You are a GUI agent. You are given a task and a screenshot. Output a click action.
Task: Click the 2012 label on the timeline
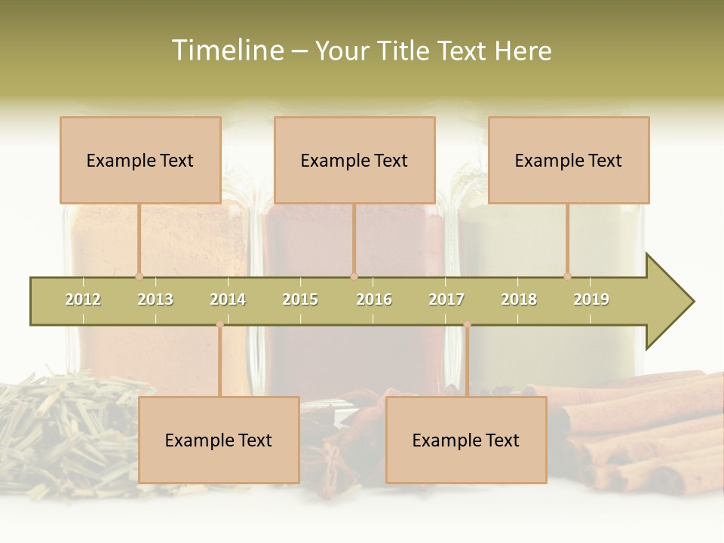83,299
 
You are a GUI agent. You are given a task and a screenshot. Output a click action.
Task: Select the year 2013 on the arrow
155,299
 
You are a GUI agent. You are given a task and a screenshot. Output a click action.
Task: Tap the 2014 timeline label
228,299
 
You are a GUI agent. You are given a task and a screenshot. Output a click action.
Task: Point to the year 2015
300,299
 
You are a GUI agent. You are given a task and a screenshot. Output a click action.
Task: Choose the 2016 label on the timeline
374,299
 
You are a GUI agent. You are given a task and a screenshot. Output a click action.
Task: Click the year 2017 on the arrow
446,299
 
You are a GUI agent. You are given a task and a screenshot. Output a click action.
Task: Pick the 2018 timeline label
519,299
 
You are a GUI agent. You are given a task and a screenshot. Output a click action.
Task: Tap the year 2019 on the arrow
591,299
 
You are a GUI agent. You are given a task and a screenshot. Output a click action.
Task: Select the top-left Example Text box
140,160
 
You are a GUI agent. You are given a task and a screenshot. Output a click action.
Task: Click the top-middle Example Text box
354,160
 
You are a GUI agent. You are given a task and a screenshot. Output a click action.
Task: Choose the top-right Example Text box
569,160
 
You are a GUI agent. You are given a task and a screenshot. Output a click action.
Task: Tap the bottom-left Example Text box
219,440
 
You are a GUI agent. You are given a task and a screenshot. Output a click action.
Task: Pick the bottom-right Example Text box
466,440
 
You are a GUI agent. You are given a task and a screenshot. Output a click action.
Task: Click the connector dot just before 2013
139,277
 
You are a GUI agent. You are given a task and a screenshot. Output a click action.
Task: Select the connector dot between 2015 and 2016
354,277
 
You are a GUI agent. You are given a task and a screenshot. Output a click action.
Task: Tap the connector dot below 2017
467,324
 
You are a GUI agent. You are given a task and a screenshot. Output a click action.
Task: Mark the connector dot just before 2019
568,277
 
